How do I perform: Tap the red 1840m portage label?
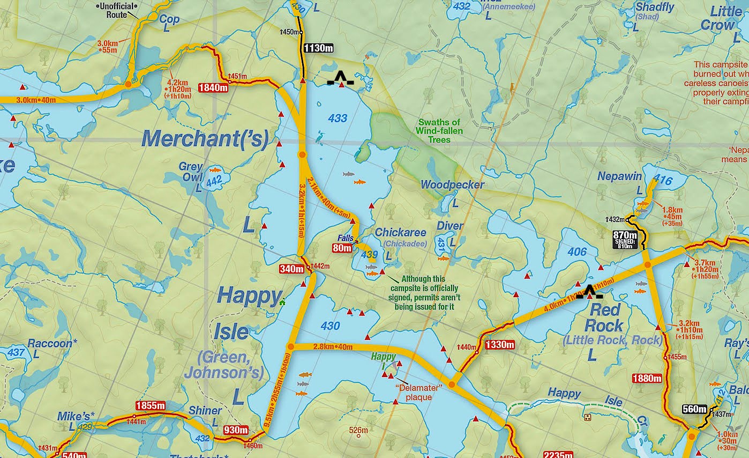tap(213, 87)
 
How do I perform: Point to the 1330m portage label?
tap(499, 345)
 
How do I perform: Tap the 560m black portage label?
tap(695, 409)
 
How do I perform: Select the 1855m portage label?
tap(150, 405)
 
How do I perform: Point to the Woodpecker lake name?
tap(452, 184)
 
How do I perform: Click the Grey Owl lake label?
tap(191, 172)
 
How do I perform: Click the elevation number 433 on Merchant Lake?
tap(338, 119)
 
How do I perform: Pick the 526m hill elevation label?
tap(358, 430)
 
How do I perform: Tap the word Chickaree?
tap(401, 233)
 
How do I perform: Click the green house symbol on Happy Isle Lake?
tap(282, 302)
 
